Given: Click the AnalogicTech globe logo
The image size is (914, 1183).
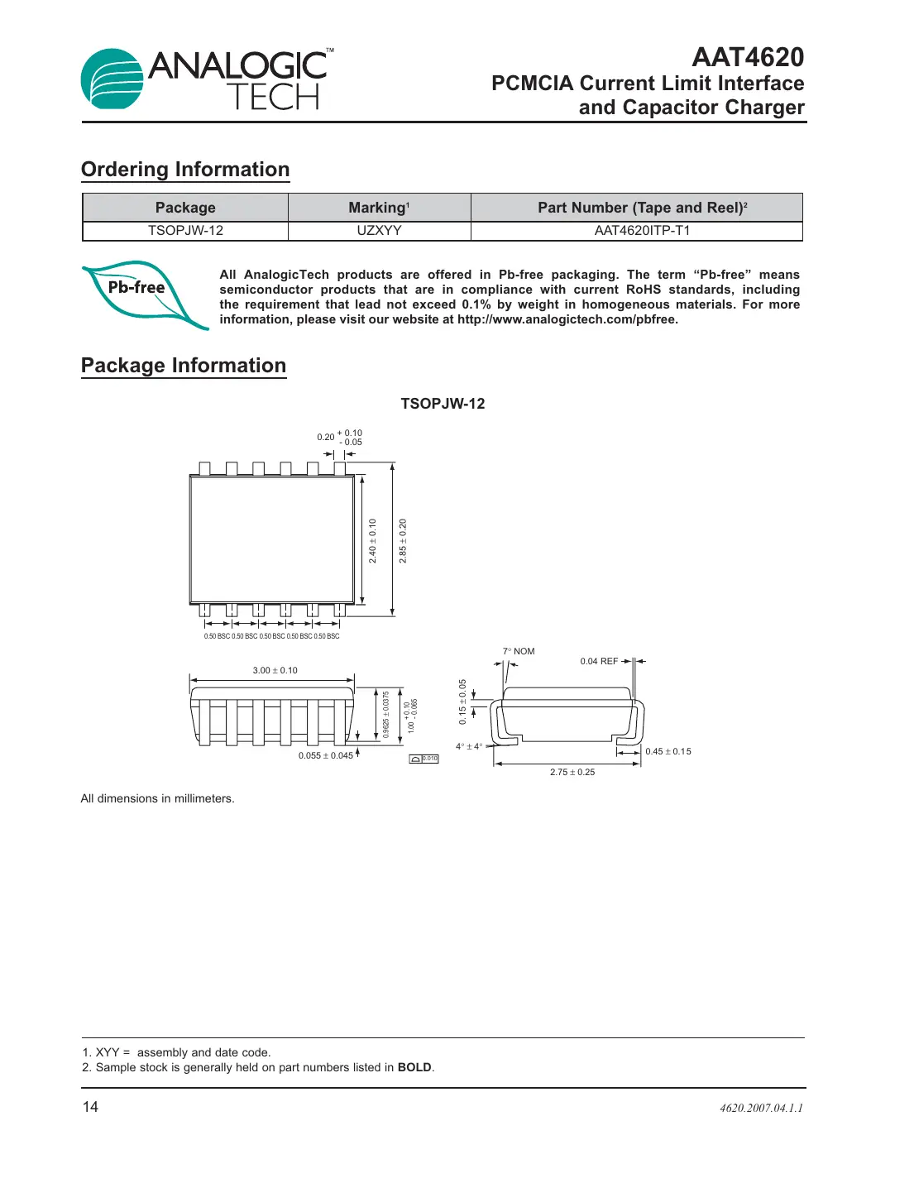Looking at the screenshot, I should coord(112,79).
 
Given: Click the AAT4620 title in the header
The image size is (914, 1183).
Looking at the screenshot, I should coord(747,57).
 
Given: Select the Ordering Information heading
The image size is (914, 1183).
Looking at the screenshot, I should coord(185,170).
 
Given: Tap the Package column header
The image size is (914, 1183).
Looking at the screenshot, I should coord(185,208).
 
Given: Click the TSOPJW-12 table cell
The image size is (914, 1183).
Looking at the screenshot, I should coord(185,231).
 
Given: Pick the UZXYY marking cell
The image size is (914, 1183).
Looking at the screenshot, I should coord(379,231).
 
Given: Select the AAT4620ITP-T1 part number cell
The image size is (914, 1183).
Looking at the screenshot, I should coord(642,231).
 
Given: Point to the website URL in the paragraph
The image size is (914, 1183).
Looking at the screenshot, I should coord(567,319).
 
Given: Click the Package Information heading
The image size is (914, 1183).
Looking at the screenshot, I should coord(184,366).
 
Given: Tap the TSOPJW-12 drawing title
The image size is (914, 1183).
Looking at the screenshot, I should coord(443,404).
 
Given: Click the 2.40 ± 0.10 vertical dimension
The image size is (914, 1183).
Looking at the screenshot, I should coord(372,541).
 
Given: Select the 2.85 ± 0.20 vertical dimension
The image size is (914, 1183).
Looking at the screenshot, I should coord(403,541).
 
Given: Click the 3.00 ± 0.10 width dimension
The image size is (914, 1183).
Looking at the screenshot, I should coord(275,670).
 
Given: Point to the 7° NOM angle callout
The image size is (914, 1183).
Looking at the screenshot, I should coord(519,651).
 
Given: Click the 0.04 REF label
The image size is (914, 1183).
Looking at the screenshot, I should coord(599,661).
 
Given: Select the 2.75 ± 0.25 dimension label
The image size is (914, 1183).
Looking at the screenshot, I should coord(572,772).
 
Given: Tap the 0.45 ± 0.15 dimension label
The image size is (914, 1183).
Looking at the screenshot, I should coord(668,751).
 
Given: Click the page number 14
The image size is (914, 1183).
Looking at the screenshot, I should coord(90,1107).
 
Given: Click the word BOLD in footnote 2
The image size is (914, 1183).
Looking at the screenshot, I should coord(414,1067).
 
